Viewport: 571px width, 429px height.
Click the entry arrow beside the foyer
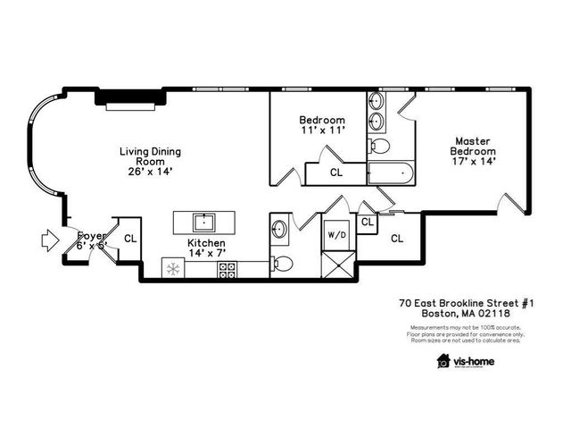(48, 239)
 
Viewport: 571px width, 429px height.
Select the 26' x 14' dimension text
(150, 172)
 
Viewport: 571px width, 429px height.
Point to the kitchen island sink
(205, 221)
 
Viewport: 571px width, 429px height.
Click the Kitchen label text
(206, 243)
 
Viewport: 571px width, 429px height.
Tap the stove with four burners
(228, 268)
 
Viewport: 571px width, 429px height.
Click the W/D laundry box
(337, 235)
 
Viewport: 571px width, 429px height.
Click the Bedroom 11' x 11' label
(322, 125)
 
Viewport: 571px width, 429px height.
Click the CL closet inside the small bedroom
(336, 172)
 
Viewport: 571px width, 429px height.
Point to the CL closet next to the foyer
(130, 239)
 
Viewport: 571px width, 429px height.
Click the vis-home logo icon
(443, 361)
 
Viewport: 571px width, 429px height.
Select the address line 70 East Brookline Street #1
(466, 304)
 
